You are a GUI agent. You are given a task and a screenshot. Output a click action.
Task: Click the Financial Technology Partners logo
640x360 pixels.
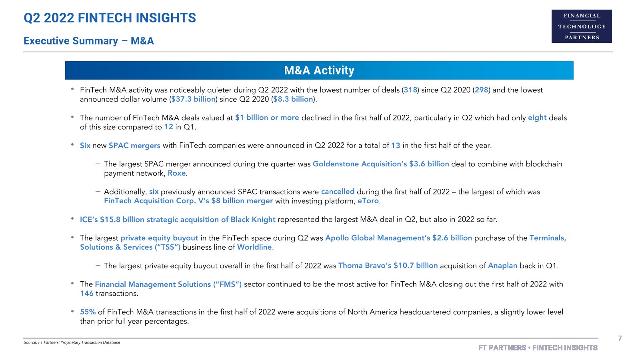tap(582, 26)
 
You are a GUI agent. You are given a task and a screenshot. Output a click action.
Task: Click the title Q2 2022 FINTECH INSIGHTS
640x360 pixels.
tap(110, 18)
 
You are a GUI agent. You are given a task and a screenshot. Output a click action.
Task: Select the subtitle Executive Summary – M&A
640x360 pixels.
tap(88, 41)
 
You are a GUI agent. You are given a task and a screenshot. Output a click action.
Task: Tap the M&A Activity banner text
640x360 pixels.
tap(319, 70)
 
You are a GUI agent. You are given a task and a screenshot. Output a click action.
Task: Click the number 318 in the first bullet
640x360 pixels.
tap(410, 90)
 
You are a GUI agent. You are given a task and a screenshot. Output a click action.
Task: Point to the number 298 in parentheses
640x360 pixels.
tap(481, 90)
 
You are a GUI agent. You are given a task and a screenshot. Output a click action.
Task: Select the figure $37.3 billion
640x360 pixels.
tap(193, 99)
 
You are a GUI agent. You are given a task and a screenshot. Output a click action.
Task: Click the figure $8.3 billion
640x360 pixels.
tap(293, 99)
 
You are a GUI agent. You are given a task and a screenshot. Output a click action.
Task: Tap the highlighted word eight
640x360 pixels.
tap(537, 118)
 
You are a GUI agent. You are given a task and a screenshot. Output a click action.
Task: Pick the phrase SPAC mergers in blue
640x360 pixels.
tap(134, 146)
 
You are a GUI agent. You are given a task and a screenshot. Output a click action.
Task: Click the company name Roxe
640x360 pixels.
tap(177, 173)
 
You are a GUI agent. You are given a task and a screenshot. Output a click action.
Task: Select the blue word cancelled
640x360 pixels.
tap(338, 192)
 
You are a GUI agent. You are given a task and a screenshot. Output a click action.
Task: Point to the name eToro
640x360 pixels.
tap(368, 201)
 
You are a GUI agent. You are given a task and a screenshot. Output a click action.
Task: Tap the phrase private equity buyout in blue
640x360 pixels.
tap(159, 238)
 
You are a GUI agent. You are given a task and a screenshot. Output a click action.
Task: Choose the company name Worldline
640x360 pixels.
tap(254, 247)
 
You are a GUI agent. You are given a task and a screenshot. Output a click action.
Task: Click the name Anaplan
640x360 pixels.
tap(502, 266)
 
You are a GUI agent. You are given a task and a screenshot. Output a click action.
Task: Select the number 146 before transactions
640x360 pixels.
tap(87, 294)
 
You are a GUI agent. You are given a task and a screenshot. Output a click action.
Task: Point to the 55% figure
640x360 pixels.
tap(88, 312)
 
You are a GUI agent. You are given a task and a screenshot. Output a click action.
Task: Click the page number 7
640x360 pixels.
tap(620, 338)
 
